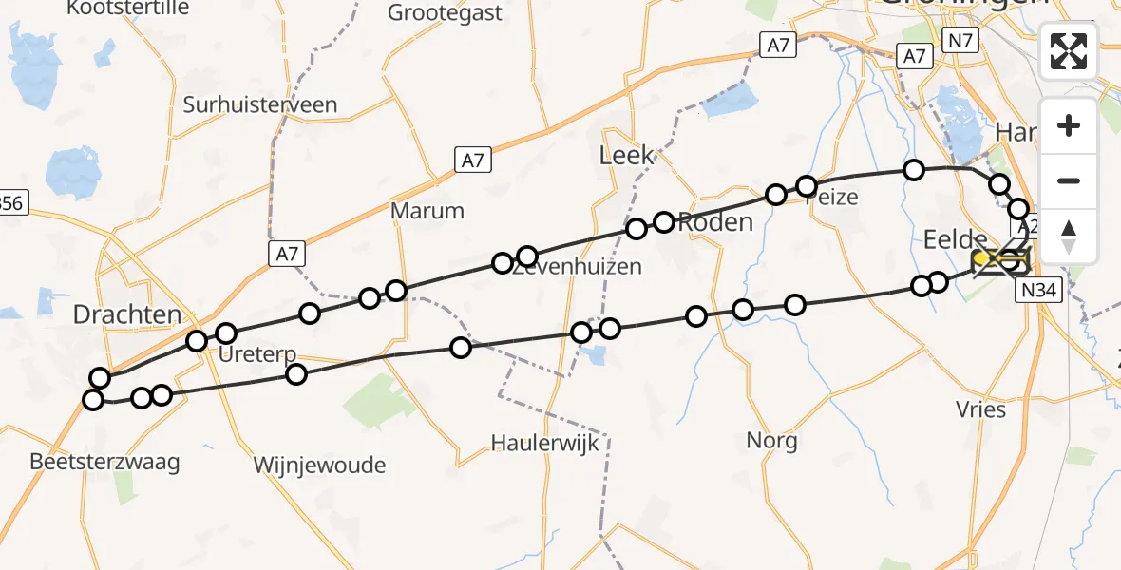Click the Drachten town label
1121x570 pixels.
[x=127, y=313]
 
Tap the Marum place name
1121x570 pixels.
[x=428, y=211]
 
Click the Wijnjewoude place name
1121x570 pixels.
[x=319, y=465]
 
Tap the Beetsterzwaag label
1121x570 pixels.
[x=104, y=463]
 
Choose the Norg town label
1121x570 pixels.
[x=771, y=441]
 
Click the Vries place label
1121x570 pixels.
[x=981, y=409]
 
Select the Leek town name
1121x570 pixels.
[x=626, y=155]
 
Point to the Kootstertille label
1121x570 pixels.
[x=127, y=9]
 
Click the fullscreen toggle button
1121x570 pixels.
[x=1069, y=50]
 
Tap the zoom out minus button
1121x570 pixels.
[x=1069, y=180]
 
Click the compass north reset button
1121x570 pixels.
[x=1069, y=237]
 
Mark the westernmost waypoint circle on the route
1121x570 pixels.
[x=93, y=400]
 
